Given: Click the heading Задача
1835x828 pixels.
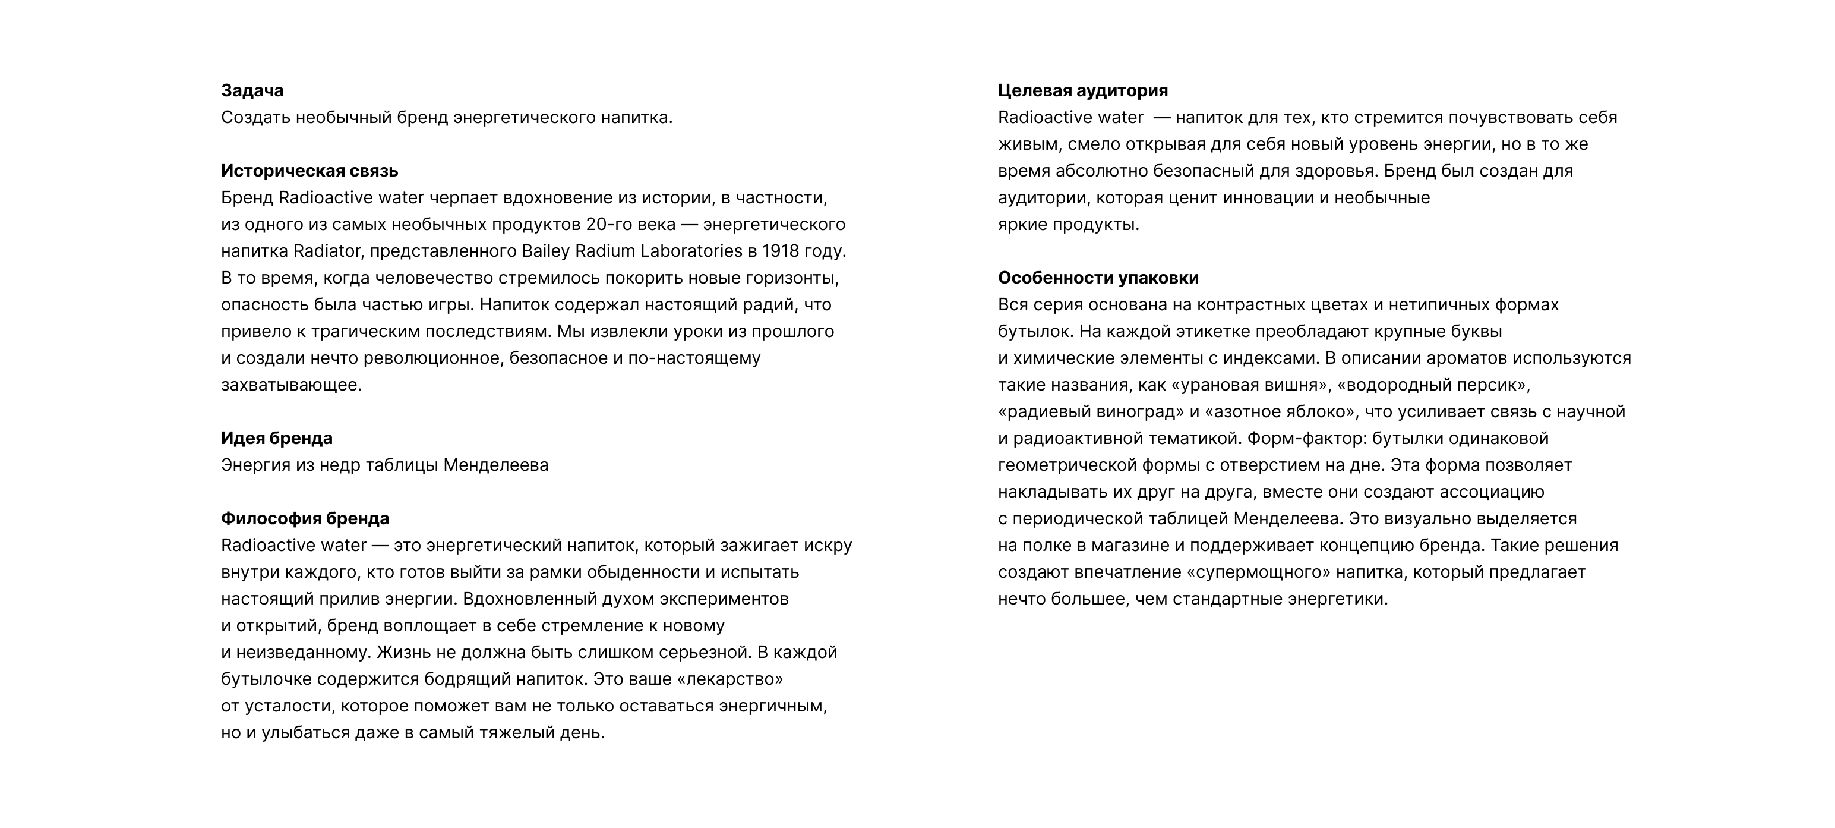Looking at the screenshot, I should [252, 90].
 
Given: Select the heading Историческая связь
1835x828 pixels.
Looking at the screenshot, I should [309, 171].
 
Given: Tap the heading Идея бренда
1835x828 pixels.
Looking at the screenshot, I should [276, 438].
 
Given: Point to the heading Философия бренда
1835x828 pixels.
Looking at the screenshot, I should [305, 519].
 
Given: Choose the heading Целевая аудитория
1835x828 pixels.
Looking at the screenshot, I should [1083, 90].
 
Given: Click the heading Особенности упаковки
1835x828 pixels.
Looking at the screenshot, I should [1098, 278].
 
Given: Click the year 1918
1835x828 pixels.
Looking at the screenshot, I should [779, 251].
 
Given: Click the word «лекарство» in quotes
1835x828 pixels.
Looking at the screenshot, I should [729, 679].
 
